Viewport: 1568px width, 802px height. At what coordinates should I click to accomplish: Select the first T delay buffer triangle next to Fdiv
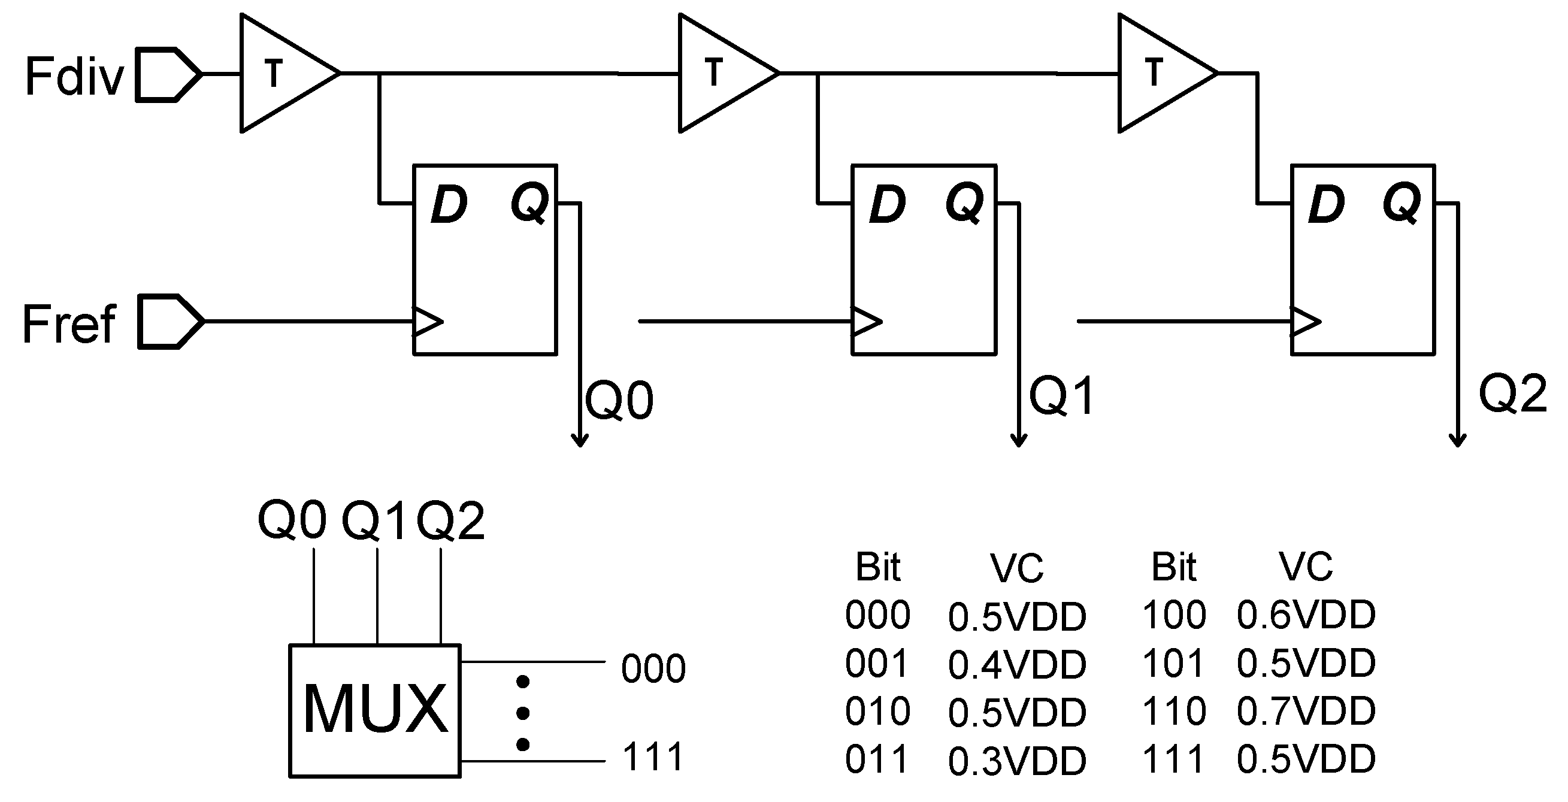click(x=283, y=73)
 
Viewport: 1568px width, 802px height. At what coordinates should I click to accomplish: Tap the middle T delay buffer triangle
click(x=722, y=73)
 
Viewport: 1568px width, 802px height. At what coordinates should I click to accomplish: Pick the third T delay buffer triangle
click(x=1161, y=73)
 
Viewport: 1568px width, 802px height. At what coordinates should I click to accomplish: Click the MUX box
click(x=375, y=710)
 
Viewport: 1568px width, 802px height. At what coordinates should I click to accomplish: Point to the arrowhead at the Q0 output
click(x=580, y=440)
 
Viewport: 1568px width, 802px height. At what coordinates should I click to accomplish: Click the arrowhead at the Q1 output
click(x=1019, y=440)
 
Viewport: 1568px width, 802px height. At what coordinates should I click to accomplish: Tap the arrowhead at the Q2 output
click(x=1457, y=440)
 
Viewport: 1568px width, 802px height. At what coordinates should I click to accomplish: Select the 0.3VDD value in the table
click(x=1017, y=761)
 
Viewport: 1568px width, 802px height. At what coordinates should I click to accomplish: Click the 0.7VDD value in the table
click(x=1306, y=711)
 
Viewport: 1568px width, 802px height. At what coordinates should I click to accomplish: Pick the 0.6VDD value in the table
click(x=1306, y=615)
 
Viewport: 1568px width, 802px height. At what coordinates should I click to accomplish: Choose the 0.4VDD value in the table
click(x=1017, y=664)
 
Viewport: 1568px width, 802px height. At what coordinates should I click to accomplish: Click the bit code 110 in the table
click(x=1174, y=711)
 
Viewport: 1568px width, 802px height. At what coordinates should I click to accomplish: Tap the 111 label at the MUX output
click(x=653, y=756)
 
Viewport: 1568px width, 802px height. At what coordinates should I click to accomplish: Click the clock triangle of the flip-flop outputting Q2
click(x=1304, y=321)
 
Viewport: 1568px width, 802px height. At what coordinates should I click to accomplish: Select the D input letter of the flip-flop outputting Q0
click(x=449, y=204)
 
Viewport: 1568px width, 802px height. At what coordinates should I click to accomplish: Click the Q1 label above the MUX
click(x=373, y=521)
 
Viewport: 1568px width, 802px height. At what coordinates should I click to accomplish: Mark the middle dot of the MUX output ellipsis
click(x=522, y=712)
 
